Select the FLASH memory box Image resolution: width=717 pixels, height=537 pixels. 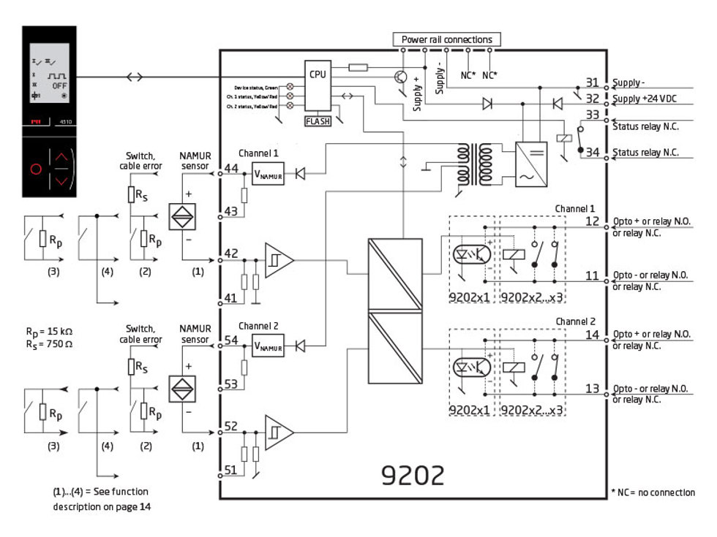point(318,121)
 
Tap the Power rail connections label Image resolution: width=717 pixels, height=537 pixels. point(446,39)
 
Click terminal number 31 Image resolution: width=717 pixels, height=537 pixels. point(592,82)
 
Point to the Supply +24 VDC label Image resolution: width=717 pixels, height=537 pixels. point(645,98)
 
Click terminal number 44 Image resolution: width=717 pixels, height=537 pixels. point(231,169)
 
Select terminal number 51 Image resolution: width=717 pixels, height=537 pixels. point(231,470)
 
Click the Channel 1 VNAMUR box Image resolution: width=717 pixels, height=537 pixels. point(268,174)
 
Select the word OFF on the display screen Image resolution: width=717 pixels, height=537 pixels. point(60,85)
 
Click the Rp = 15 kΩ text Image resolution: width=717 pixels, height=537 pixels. point(48,331)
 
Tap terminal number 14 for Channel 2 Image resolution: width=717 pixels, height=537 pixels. point(592,335)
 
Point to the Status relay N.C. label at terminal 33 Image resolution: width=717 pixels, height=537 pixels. point(645,126)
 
